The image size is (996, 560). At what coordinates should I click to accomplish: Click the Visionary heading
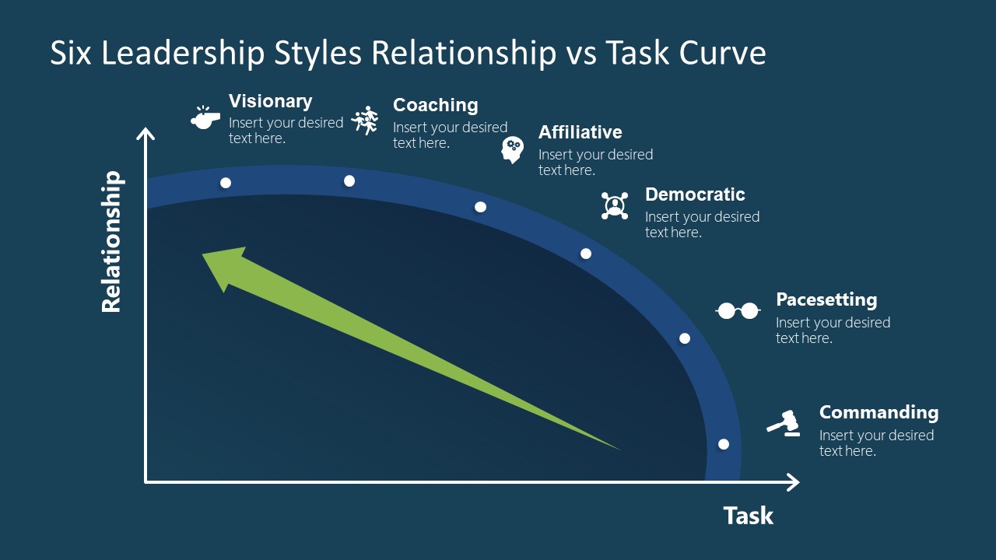pyautogui.click(x=270, y=101)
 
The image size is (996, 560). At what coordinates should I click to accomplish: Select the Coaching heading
pyautogui.click(x=435, y=105)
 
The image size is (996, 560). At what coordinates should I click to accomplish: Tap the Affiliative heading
pyautogui.click(x=580, y=132)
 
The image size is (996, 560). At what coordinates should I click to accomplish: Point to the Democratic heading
pyautogui.click(x=695, y=194)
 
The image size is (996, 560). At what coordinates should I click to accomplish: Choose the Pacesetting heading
pyautogui.click(x=826, y=299)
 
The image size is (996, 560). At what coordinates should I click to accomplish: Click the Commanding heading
pyautogui.click(x=879, y=412)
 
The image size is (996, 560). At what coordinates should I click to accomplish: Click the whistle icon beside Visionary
pyautogui.click(x=205, y=118)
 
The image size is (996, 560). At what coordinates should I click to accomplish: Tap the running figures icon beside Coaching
pyautogui.click(x=365, y=121)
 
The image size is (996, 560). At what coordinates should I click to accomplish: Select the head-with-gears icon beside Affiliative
pyautogui.click(x=512, y=149)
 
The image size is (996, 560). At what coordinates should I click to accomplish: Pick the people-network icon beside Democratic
pyautogui.click(x=615, y=205)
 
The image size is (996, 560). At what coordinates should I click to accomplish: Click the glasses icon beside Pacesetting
pyautogui.click(x=737, y=311)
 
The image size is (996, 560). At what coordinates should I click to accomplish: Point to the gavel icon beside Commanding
pyautogui.click(x=784, y=422)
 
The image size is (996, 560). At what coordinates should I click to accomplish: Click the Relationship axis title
pyautogui.click(x=112, y=242)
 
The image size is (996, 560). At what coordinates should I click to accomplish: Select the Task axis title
pyautogui.click(x=748, y=516)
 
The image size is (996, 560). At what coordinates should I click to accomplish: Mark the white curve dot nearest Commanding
pyautogui.click(x=724, y=444)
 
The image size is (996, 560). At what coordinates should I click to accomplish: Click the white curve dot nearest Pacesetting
pyautogui.click(x=685, y=338)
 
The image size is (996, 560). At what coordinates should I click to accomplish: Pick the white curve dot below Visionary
pyautogui.click(x=226, y=183)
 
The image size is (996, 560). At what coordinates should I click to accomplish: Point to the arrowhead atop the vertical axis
pyautogui.click(x=146, y=135)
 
